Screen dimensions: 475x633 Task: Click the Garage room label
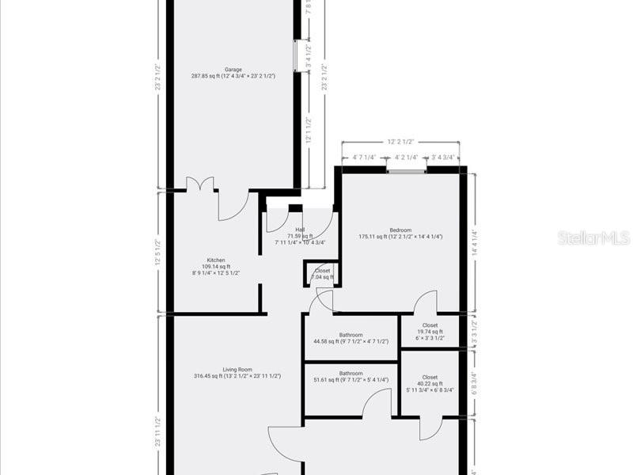[233, 70]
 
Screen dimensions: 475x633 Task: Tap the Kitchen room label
[216, 260]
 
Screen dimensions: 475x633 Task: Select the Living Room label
[237, 369]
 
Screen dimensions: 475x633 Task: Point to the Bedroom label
[400, 230]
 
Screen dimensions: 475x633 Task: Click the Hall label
[300, 230]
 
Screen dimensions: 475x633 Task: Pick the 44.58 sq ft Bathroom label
[351, 335]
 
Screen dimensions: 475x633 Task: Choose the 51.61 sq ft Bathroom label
[351, 374]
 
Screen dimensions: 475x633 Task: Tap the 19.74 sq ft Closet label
[430, 325]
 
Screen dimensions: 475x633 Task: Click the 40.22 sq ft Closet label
[430, 378]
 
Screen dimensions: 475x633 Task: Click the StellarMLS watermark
[593, 237]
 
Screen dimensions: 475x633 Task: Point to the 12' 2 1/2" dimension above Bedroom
[400, 142]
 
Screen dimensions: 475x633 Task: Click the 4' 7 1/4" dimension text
[364, 157]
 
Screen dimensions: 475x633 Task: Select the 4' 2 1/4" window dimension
[407, 157]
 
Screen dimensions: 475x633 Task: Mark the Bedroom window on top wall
[407, 169]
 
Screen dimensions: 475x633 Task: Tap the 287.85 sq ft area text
[233, 77]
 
